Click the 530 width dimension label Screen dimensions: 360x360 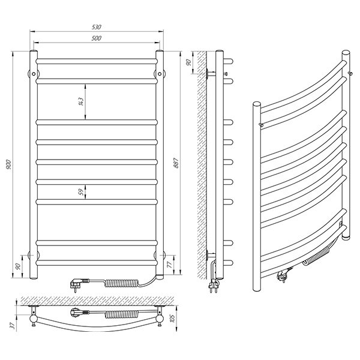97,27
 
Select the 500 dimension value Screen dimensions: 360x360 97,38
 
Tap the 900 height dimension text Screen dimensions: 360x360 9,164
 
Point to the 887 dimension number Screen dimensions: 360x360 176,163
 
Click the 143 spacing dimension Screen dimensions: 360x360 81,101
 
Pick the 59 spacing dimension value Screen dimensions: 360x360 81,192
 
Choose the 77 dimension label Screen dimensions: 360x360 169,265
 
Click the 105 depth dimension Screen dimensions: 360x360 172,318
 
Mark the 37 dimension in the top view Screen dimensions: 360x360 14,325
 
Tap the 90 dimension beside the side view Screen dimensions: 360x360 188,62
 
